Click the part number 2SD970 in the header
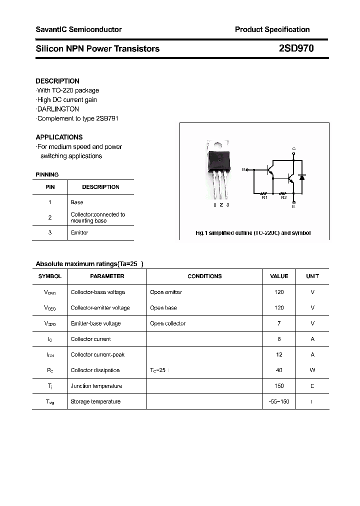tap(296, 48)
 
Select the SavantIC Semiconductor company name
tap(78, 29)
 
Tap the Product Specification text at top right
tap(272, 29)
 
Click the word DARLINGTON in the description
tap(58, 109)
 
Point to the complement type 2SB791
tap(106, 118)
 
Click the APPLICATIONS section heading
tap(59, 137)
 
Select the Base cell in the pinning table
tap(77, 202)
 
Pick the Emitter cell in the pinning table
tap(79, 233)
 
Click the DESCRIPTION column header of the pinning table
tap(100, 187)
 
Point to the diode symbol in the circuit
tap(301, 177)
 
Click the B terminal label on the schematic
tap(243, 170)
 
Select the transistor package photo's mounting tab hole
tap(218, 143)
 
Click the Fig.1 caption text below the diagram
tap(252, 233)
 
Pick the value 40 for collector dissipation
tap(279, 370)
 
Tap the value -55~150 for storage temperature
tap(279, 401)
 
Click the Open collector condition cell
tap(167, 323)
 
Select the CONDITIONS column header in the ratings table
tap(204, 276)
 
